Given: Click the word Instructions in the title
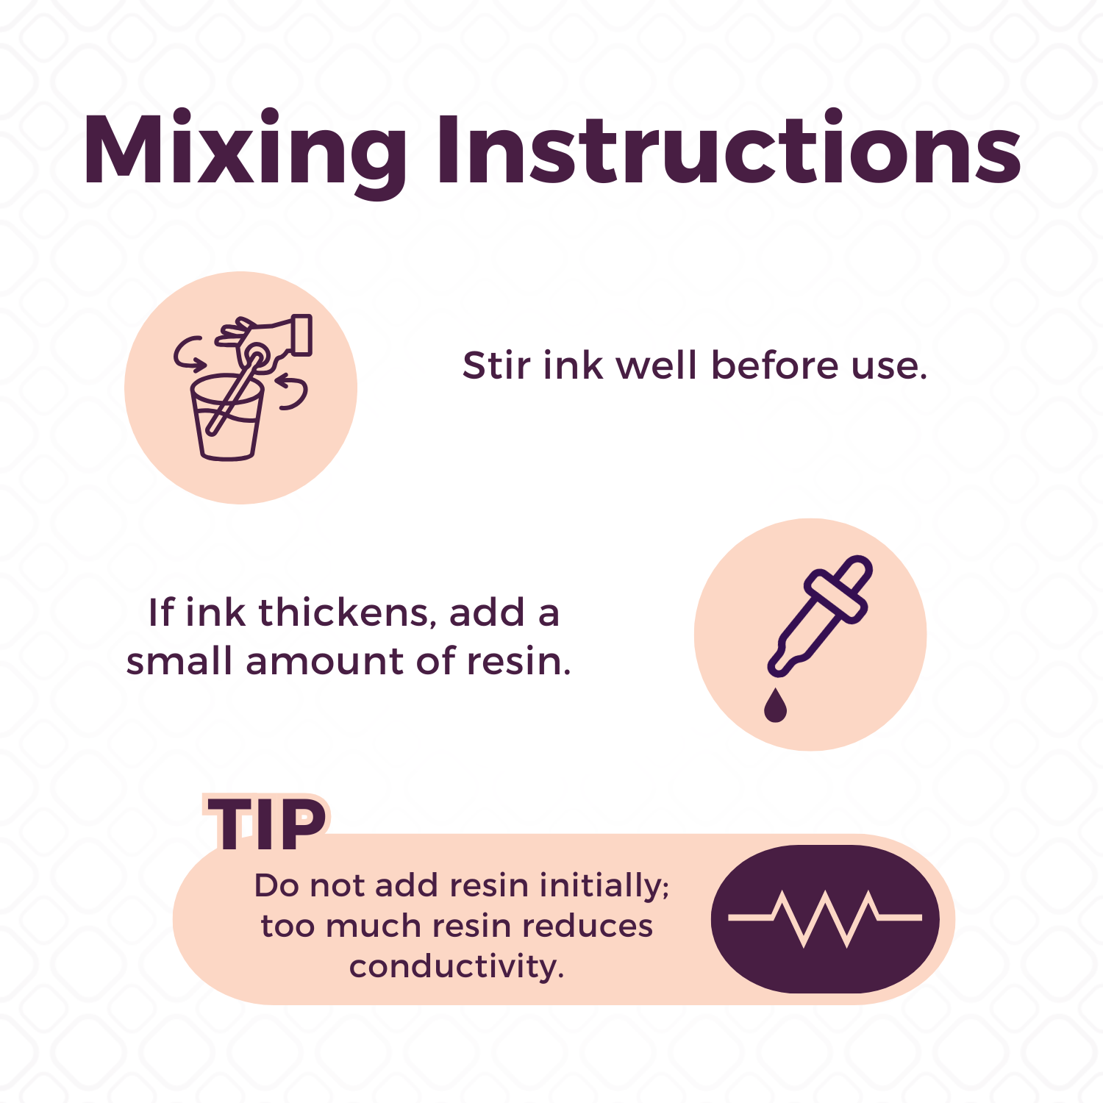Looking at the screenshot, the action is pos(729,147).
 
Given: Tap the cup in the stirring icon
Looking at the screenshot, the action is pos(227,417).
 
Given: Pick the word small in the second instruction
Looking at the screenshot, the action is pos(179,660).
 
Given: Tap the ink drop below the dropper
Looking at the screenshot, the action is pos(775,705).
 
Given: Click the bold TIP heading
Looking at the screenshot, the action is pos(267,825).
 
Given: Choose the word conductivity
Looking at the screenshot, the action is pos(457,967).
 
